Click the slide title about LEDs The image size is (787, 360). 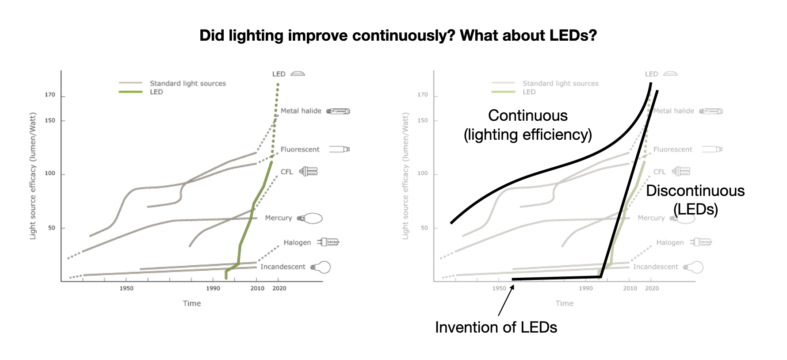398,35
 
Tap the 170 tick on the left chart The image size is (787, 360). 50,95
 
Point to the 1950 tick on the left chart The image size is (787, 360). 126,288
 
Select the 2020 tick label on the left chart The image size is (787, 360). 279,288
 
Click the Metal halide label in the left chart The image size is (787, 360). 301,111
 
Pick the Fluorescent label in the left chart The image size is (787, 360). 300,149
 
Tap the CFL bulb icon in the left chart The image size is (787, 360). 309,171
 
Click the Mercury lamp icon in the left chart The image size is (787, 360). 310,218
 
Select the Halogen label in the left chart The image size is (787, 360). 297,242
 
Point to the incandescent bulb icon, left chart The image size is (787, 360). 321,267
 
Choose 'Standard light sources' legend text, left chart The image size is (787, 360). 187,84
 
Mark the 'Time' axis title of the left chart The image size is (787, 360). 192,303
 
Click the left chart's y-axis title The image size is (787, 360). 33,176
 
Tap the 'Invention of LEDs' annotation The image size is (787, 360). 496,327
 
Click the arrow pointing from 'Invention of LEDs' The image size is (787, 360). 506,300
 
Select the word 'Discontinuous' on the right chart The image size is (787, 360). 695,191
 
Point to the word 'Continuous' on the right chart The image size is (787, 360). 527,115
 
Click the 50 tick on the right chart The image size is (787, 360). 424,228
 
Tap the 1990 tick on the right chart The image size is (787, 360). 586,288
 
